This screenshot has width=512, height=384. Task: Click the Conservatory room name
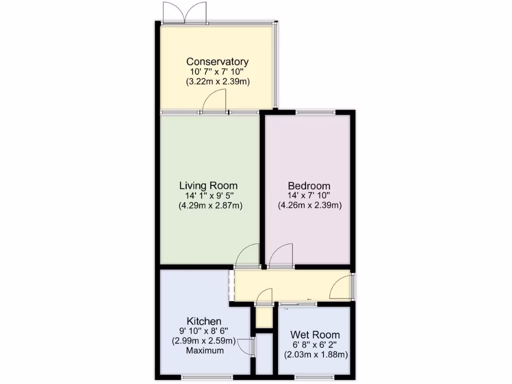pos(217,61)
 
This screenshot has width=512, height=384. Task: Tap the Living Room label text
pos(210,185)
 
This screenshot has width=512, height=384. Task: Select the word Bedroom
pos(309,185)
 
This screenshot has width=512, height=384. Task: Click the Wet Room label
pos(315,335)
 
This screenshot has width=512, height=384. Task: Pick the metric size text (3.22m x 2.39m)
pos(217,81)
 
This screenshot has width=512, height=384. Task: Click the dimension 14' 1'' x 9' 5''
pos(210,195)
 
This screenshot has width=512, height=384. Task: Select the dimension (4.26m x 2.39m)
pos(309,205)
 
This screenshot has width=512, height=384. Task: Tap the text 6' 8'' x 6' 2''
pos(315,345)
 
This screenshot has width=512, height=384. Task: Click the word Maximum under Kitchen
pos(204,350)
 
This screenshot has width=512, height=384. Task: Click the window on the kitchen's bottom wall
pos(206,376)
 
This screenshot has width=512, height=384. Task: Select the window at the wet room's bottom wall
pos(314,376)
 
